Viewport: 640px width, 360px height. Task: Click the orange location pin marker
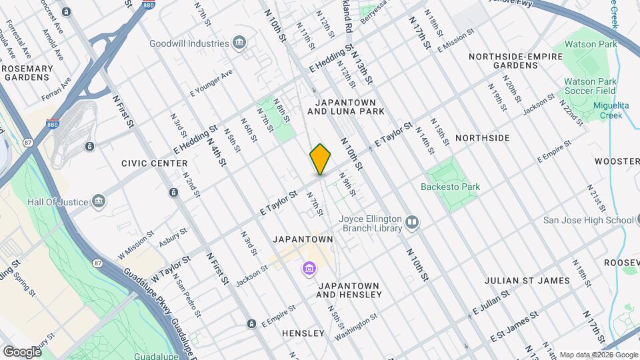pyautogui.click(x=321, y=159)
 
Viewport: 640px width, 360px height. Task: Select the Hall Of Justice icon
pyautogui.click(x=99, y=201)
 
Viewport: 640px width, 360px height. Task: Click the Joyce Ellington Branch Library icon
pyautogui.click(x=413, y=223)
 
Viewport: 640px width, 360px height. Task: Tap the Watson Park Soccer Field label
pyautogui.click(x=590, y=87)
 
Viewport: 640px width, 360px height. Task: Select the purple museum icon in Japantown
pyautogui.click(x=309, y=269)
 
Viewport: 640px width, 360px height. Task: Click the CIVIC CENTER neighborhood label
pyautogui.click(x=154, y=163)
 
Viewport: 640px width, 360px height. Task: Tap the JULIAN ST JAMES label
pyautogui.click(x=527, y=281)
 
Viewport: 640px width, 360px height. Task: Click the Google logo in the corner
pyautogui.click(x=22, y=351)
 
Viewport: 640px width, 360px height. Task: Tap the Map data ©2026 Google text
pyautogui.click(x=598, y=355)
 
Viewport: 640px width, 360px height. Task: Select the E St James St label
pyautogui.click(x=514, y=325)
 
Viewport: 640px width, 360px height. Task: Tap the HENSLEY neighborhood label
pyautogui.click(x=303, y=333)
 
